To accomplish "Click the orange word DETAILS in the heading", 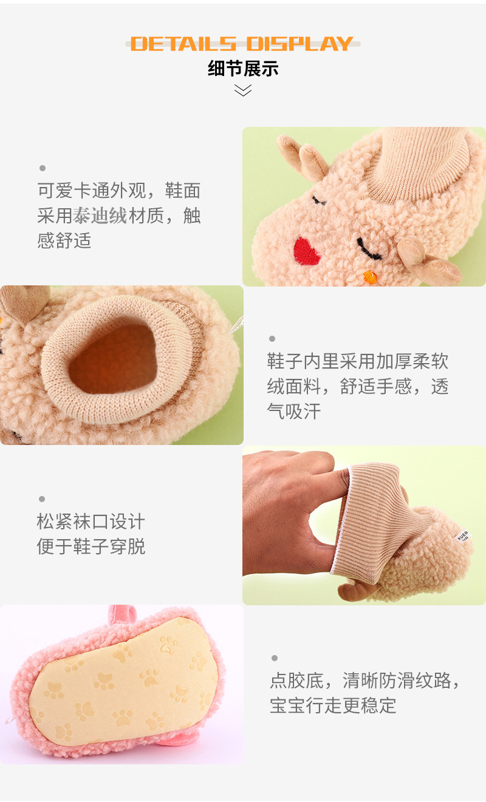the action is (x=183, y=44).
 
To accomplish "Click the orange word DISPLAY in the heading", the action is (x=300, y=44).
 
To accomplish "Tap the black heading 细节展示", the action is (x=243, y=69).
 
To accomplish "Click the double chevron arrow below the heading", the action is (x=243, y=90).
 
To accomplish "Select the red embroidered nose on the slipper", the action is (x=306, y=251).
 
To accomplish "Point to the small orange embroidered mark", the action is (x=371, y=276).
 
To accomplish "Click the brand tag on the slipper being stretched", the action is (x=464, y=535).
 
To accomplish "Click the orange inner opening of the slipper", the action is (x=113, y=359).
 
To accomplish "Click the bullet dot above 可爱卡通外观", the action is (x=43, y=168).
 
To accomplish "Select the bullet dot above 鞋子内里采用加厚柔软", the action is (x=272, y=338).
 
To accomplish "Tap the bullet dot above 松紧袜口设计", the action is (x=42, y=498).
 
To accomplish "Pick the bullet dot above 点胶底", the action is (x=275, y=658).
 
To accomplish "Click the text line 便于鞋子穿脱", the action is (x=91, y=546).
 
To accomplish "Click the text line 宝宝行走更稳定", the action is (x=333, y=705).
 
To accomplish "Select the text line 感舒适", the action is (x=64, y=240).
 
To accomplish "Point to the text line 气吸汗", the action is (x=294, y=411).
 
